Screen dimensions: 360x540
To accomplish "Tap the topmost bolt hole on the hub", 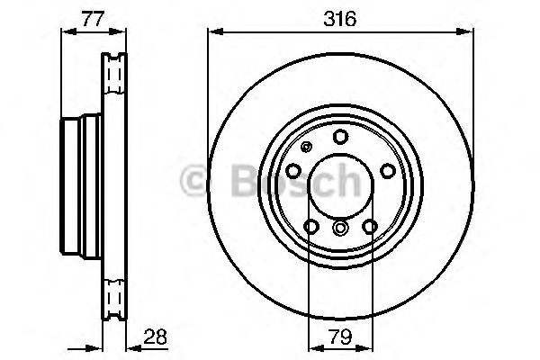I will pos(340,137).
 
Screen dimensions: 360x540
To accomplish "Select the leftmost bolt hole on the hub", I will pos(294,170).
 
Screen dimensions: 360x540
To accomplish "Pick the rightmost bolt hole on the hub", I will pos(386,170).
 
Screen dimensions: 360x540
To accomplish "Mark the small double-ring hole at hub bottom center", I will pos(340,229).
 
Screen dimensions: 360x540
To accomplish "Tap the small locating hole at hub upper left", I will pos(308,148).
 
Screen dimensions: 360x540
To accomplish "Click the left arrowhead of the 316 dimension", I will pos(213,31).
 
